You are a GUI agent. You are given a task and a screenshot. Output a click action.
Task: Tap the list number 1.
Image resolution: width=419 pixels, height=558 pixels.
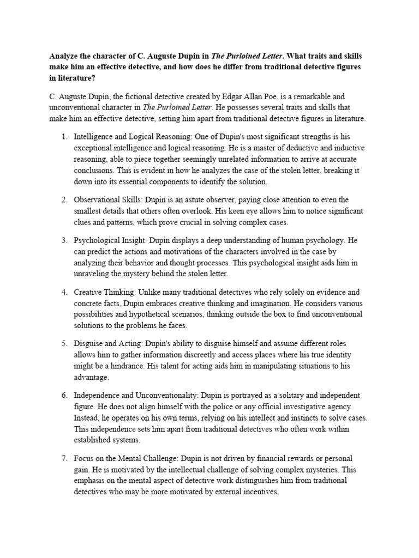click(x=64, y=137)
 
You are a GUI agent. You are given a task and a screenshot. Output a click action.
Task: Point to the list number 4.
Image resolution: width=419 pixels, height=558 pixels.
click(x=64, y=292)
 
